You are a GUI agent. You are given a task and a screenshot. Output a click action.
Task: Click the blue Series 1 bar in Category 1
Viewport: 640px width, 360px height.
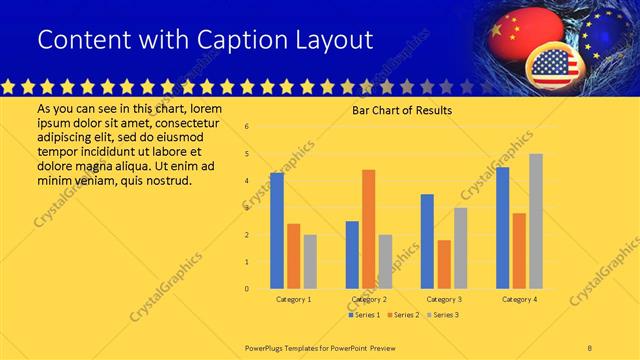277,231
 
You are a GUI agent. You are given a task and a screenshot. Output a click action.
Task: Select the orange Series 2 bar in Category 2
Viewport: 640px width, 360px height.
368,229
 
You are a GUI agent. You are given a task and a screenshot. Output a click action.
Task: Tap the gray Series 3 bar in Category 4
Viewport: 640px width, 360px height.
535,221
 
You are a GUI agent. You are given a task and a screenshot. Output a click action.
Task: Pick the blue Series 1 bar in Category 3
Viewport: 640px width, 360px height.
427,241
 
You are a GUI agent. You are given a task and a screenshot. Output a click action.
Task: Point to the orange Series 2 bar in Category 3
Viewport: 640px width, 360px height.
443,264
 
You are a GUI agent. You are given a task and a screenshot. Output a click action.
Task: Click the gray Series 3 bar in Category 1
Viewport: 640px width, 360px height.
310,262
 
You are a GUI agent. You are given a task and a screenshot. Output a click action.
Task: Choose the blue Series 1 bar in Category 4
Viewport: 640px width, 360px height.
502,228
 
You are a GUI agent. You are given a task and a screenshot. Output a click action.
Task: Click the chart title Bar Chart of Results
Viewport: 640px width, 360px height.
402,110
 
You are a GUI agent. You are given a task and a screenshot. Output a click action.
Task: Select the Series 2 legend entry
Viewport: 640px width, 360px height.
403,315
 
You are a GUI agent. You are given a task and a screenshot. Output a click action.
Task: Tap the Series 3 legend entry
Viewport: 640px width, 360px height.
443,315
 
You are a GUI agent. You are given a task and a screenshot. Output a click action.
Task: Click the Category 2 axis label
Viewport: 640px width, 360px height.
369,299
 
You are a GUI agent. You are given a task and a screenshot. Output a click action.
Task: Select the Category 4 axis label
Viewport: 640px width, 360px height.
519,299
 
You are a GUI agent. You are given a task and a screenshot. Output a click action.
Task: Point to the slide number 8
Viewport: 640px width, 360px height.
589,347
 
